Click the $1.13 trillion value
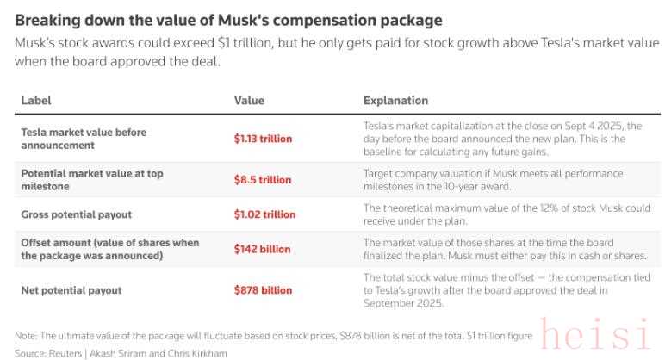263,139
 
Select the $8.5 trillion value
263,180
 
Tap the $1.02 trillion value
264,214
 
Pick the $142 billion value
262,249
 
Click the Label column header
36,101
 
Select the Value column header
249,101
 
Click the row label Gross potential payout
76,214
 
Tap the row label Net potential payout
71,290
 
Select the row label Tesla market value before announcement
84,139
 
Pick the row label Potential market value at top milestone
91,180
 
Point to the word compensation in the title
336,20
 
